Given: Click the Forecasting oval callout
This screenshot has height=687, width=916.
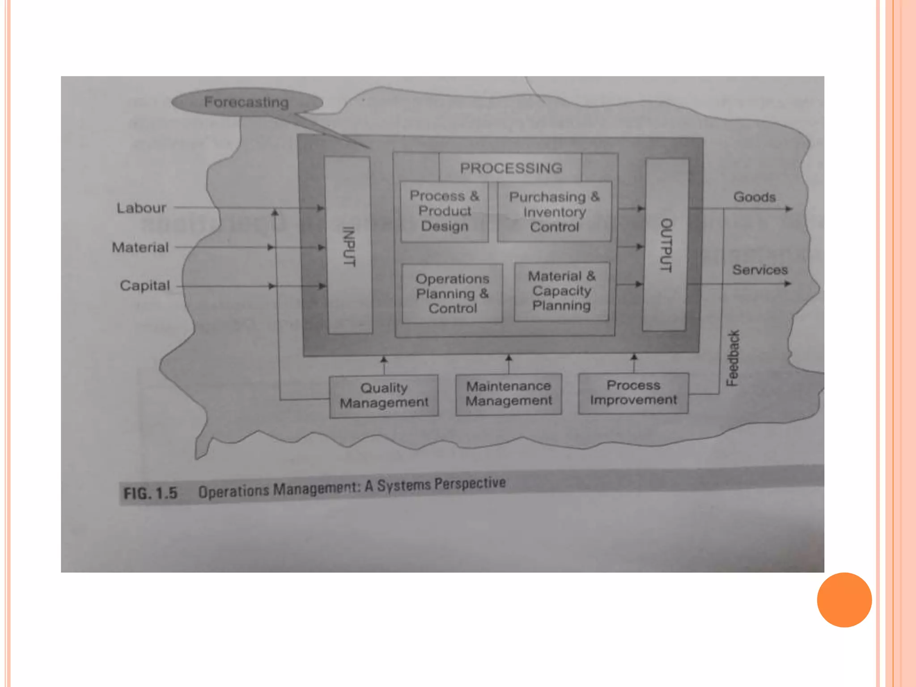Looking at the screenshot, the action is (x=247, y=102).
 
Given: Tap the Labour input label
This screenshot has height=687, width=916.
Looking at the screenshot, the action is (x=141, y=208).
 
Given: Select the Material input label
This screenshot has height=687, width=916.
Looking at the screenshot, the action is (x=140, y=247).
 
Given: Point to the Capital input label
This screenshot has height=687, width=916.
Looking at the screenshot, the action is (x=145, y=285).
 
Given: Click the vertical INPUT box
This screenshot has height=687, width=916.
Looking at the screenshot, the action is (x=349, y=246).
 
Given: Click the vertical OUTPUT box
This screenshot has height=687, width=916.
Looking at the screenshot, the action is (x=666, y=245).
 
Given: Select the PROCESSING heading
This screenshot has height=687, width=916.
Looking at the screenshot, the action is (x=511, y=168).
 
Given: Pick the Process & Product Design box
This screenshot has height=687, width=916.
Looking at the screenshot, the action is (x=444, y=211).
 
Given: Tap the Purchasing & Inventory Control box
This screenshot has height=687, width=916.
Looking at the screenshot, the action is (x=554, y=212).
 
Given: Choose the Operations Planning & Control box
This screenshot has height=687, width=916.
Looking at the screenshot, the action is (x=452, y=293).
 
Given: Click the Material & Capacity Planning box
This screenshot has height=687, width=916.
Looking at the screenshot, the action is (x=562, y=291).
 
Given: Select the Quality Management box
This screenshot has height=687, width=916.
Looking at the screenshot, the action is (x=384, y=395).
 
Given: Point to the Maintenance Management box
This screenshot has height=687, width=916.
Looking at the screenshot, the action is (x=509, y=394).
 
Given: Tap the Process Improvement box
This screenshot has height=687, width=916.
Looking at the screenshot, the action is (x=633, y=393).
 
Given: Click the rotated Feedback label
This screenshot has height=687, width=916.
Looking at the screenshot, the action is (x=733, y=358).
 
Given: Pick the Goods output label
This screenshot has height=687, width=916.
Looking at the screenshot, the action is (x=754, y=197).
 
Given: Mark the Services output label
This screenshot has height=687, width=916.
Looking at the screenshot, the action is (x=759, y=270).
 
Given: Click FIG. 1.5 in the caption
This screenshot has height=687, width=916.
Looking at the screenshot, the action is (x=151, y=493).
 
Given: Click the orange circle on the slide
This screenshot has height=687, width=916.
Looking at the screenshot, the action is (x=844, y=600).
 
